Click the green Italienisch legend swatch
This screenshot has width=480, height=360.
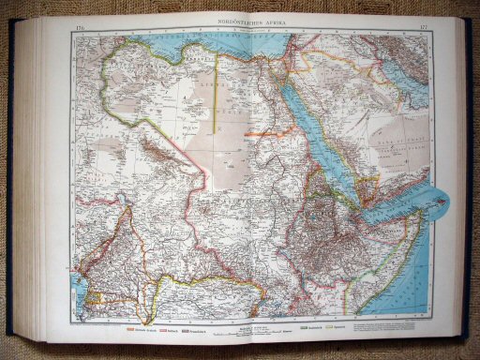[307, 329]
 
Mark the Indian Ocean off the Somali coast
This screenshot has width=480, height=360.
[412, 281]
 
